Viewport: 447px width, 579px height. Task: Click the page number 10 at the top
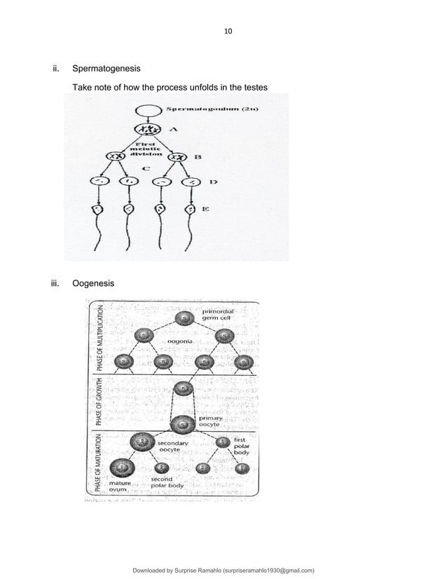coord(227,32)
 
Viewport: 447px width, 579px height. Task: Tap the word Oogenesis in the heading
coord(95,283)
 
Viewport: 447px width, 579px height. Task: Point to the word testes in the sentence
coord(254,88)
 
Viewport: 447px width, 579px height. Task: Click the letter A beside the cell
coord(174,130)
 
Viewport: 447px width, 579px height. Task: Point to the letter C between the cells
coord(144,168)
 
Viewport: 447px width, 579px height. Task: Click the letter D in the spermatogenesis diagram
coord(212,182)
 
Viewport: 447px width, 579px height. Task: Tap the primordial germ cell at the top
coord(184,319)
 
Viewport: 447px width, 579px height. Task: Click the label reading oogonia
coord(181,341)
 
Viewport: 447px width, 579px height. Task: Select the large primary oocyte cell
coord(184,423)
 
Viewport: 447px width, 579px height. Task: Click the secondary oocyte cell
coord(142,441)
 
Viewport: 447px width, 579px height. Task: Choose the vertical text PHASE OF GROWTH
coord(100,401)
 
